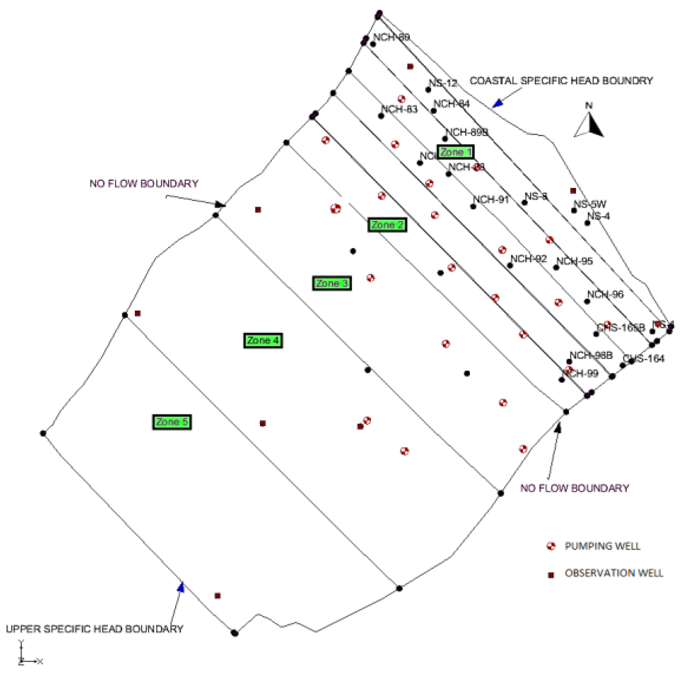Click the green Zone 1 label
click(x=455, y=152)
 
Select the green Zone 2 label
click(x=387, y=225)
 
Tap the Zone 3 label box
click(x=332, y=283)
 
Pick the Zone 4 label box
click(x=263, y=340)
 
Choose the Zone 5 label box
click(x=172, y=422)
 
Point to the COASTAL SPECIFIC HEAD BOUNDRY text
click(x=561, y=81)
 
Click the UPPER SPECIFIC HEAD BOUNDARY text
click(x=94, y=629)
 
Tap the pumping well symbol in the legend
click(x=551, y=546)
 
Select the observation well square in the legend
click(x=551, y=575)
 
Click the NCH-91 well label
click(x=491, y=199)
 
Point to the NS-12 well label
click(x=443, y=83)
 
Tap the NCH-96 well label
click(x=605, y=294)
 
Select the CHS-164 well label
click(x=644, y=358)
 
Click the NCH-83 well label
click(x=399, y=109)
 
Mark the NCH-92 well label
click(x=528, y=259)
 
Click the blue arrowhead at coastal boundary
click(x=498, y=103)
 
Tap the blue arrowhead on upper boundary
click(x=181, y=587)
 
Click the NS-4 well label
click(x=598, y=216)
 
